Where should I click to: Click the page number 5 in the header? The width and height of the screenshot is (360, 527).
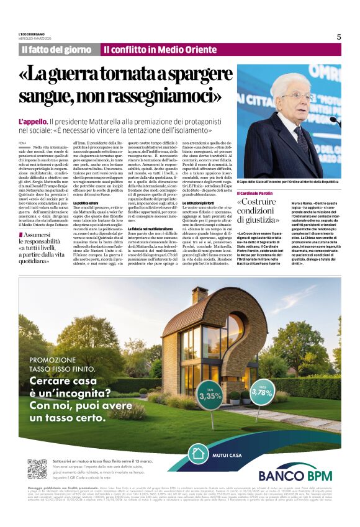(x=339, y=37)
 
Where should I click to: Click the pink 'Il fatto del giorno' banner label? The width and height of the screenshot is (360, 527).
(x=57, y=50)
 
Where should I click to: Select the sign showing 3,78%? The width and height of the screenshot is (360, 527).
(x=262, y=392)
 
